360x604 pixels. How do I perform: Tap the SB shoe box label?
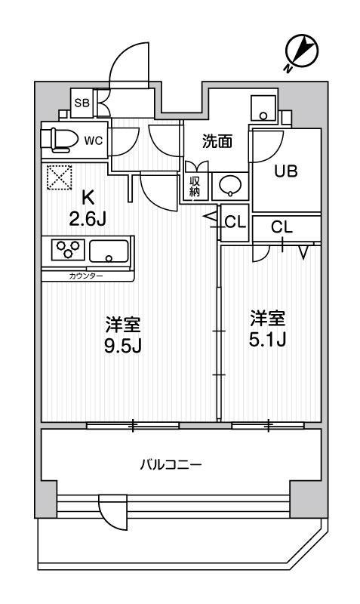pyautogui.click(x=82, y=103)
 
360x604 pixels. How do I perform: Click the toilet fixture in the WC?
pyautogui.click(x=60, y=139)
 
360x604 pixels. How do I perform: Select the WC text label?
pyautogui.click(x=94, y=141)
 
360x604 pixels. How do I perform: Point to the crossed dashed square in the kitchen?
pyautogui.click(x=60, y=177)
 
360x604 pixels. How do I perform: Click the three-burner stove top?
pyautogui.click(x=68, y=249)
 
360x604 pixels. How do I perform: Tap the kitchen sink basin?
pyautogui.click(x=109, y=251)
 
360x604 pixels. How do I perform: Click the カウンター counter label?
pyautogui.click(x=86, y=276)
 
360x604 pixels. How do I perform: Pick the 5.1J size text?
pyautogui.click(x=267, y=340)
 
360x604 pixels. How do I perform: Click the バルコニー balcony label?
pyautogui.click(x=171, y=464)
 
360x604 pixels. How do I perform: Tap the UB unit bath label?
pyautogui.click(x=286, y=171)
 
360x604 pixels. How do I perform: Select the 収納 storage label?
pyautogui.click(x=195, y=186)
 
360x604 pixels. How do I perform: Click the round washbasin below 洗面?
pyautogui.click(x=230, y=186)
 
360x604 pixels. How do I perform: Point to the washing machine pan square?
pyautogui.click(x=263, y=108)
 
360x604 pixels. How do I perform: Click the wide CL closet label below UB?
pyautogui.click(x=282, y=227)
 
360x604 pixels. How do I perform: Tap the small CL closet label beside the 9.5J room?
pyautogui.click(x=235, y=223)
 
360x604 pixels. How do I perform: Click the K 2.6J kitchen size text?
pyautogui.click(x=88, y=209)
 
